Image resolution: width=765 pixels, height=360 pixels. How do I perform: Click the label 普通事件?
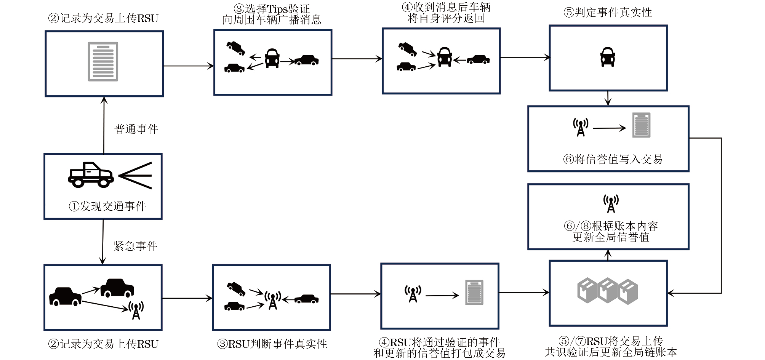pos(136,129)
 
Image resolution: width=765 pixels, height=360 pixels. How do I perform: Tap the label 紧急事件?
pos(135,246)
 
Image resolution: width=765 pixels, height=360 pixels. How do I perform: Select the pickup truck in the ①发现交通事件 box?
pos(91,175)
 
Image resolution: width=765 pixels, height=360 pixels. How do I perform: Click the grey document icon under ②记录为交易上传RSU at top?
pos(103,61)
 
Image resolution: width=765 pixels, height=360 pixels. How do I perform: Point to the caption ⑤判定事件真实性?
pos(608,13)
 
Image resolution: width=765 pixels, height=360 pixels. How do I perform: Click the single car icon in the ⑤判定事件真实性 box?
pos(608,57)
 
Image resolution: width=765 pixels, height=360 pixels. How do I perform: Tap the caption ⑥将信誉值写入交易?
pos(613,159)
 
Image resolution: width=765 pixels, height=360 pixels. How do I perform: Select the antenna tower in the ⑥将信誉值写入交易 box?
pos(581,127)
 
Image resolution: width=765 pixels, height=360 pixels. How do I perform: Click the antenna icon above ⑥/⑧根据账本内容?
pos(611,203)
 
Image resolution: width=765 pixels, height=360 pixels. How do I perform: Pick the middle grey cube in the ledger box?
pos(607,290)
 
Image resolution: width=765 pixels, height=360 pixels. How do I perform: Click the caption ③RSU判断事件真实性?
pos(272,344)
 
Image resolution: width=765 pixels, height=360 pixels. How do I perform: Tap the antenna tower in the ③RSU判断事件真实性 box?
pos(273,300)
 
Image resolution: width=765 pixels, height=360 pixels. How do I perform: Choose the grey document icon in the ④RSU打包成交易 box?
pos(474,293)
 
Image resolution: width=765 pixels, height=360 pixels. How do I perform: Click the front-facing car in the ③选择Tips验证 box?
pos(272,58)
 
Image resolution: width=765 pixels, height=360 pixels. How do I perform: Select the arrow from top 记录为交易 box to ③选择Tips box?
pos(188,66)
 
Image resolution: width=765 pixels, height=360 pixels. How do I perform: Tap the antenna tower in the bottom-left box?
pos(136,310)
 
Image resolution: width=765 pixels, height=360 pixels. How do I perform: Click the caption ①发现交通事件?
pos(107,206)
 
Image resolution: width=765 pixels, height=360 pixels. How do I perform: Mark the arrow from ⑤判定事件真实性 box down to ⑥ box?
pos(608,98)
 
